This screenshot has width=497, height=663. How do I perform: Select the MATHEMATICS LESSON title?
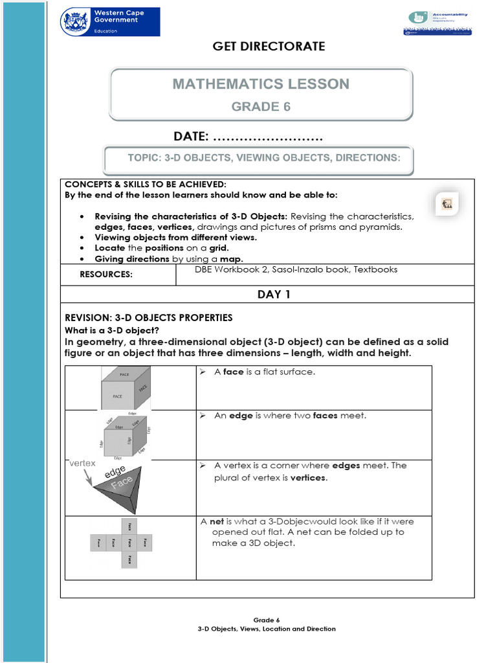[261, 84]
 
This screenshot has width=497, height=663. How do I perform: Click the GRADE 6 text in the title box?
[261, 107]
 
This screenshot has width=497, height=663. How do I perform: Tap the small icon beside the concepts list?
[447, 204]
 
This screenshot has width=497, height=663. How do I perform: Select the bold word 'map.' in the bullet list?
[232, 259]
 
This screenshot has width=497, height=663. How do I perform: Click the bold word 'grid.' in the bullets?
[218, 248]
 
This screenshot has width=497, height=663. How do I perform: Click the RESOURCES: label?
[106, 275]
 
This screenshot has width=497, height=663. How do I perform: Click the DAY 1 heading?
[274, 295]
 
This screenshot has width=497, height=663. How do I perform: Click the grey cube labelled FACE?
[126, 387]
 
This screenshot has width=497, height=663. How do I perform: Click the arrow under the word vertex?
[87, 477]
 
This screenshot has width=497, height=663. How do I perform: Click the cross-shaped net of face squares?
[122, 543]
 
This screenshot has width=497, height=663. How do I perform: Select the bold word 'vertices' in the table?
[308, 478]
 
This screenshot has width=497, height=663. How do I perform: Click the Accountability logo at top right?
[437, 23]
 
